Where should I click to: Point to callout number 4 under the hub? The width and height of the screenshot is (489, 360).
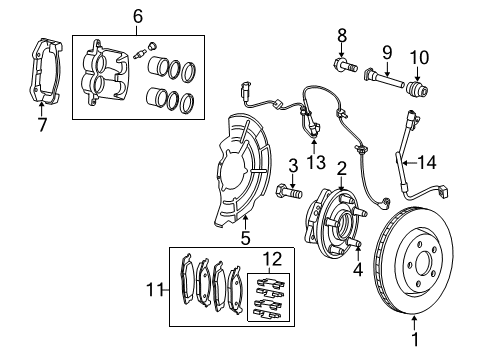pos(358,267)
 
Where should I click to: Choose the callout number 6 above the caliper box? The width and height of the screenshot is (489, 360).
pos(138,16)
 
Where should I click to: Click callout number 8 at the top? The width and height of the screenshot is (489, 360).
pos(341,36)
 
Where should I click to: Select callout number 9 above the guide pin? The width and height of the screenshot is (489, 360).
pos(386,52)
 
